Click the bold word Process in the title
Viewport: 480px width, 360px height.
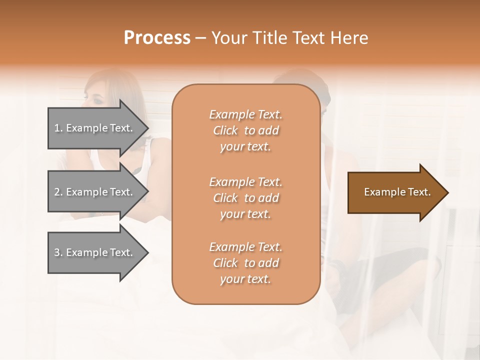click(x=157, y=37)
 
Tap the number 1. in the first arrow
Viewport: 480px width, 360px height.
click(x=58, y=128)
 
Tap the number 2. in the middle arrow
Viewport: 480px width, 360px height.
click(x=58, y=192)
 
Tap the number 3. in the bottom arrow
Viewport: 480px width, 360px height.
click(x=58, y=252)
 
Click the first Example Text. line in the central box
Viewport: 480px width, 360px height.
click(x=245, y=114)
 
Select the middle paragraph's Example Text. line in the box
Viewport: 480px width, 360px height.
click(x=245, y=181)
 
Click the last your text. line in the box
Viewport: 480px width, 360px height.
click(x=245, y=279)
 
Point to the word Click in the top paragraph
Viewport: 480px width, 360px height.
click(x=225, y=130)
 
